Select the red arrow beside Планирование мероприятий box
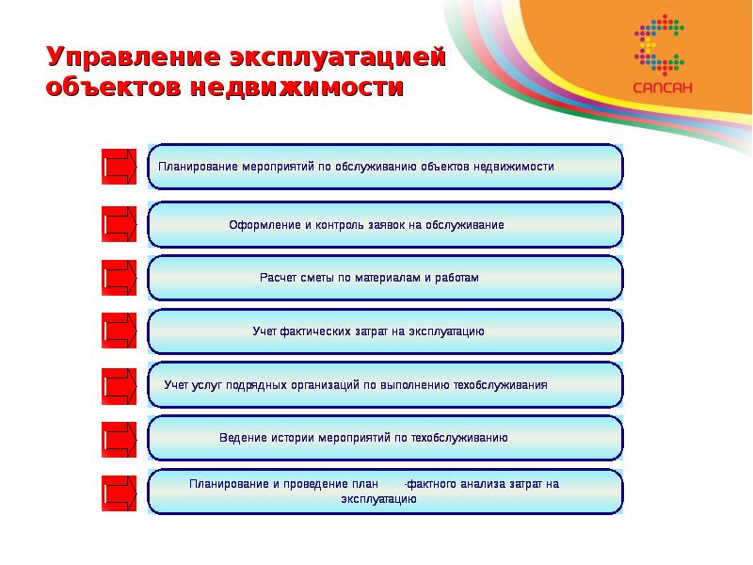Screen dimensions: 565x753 click(x=120, y=168)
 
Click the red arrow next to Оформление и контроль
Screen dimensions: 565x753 click(x=120, y=225)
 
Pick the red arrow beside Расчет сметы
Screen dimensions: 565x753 click(x=120, y=279)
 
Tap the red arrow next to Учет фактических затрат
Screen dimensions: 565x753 click(x=120, y=331)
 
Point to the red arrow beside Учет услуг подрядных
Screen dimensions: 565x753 click(x=120, y=384)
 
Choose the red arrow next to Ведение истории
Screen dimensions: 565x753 click(x=120, y=438)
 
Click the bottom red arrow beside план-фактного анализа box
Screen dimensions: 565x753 click(x=120, y=491)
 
